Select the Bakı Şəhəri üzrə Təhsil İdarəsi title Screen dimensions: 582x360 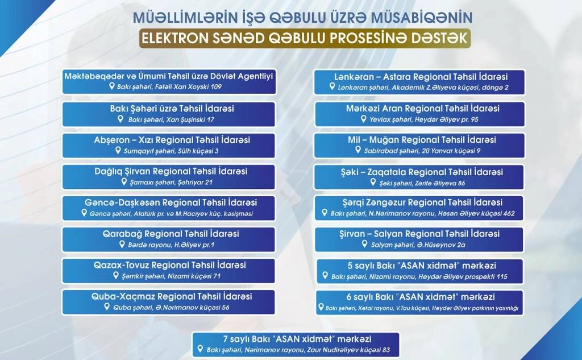(x=172, y=109)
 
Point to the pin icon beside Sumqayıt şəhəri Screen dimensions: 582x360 (x=118, y=151)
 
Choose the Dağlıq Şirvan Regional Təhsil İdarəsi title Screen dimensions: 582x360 (x=171, y=171)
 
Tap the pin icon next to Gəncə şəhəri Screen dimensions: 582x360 (x=84, y=213)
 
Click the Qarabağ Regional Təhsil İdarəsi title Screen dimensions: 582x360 (x=171, y=234)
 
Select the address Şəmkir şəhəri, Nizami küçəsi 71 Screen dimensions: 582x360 (x=171, y=276)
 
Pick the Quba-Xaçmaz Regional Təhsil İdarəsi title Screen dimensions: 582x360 (x=172, y=296)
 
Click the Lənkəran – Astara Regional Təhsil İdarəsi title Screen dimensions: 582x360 (x=421, y=77)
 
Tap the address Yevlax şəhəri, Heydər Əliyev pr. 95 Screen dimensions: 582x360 (x=423, y=119)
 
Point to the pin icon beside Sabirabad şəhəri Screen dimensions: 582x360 (x=358, y=150)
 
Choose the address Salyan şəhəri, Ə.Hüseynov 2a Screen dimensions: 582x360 (x=418, y=245)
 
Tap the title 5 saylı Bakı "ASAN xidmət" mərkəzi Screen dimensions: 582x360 (x=422, y=266)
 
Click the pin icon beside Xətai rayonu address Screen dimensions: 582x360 (x=321, y=307)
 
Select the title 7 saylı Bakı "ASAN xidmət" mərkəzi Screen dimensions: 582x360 (x=297, y=339)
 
